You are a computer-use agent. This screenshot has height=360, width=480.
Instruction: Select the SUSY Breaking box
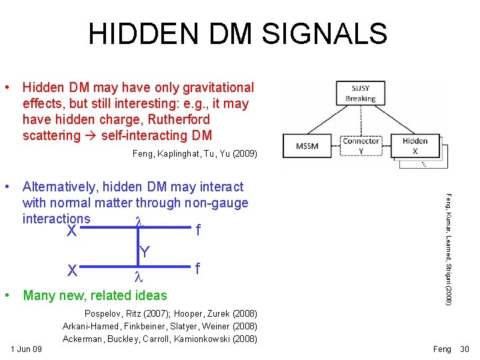point(360,93)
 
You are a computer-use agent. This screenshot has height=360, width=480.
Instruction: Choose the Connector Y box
point(361,145)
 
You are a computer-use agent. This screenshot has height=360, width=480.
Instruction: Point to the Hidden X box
point(415,145)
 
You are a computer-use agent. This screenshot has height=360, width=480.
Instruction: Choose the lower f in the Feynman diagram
point(197,269)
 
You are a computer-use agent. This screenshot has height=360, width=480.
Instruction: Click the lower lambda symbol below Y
point(139,275)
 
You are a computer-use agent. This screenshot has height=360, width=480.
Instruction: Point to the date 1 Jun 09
point(27,349)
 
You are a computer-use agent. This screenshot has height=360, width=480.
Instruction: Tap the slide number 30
point(465,349)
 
